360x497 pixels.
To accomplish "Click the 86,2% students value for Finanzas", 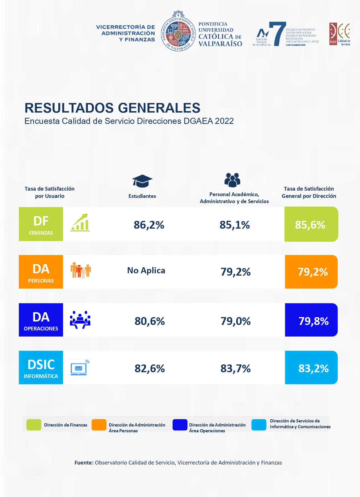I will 149,225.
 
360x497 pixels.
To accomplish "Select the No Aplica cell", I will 146,270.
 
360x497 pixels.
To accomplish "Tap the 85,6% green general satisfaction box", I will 311,225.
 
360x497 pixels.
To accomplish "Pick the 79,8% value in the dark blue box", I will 313,321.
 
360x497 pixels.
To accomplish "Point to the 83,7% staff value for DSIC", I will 235,368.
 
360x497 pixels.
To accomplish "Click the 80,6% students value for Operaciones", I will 150,321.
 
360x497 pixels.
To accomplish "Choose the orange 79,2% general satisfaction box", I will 312,272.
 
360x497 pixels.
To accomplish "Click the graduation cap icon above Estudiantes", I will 142,181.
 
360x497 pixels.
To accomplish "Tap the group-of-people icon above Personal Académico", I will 232,180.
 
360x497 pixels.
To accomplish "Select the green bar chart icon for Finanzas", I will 80,223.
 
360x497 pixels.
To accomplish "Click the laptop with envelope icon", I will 79,368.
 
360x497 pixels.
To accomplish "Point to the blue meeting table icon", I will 80,320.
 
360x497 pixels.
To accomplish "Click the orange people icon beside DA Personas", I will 81,270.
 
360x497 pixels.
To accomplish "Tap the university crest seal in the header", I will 178,31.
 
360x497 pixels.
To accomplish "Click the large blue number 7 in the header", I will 277,34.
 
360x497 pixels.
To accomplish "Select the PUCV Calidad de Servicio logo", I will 340,34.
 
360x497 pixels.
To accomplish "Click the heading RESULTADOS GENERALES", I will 112,108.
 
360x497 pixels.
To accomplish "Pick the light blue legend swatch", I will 259,425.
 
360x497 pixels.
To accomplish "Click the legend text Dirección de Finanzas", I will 66,425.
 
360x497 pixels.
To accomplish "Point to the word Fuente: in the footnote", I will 84,463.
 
